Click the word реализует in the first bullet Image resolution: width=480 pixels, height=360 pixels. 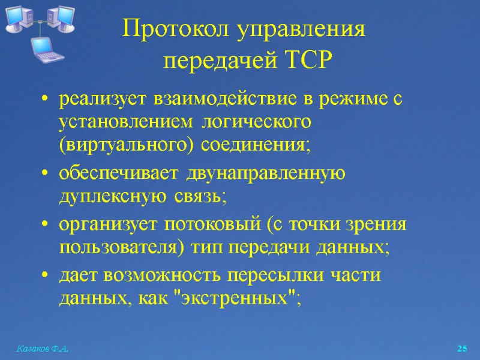pos(101,100)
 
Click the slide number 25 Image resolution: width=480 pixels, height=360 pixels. pos(462,348)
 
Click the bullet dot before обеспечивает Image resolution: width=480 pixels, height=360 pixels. pos(46,174)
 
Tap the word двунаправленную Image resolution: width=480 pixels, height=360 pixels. pos(266,173)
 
